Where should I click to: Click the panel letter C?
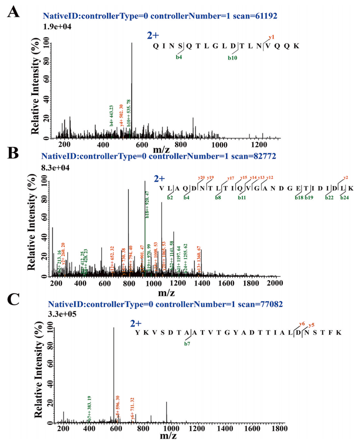pos(14,300)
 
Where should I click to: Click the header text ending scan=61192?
pos(160,16)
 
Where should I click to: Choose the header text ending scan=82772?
pos(158,155)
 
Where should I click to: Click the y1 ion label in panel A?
pos(271,37)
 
